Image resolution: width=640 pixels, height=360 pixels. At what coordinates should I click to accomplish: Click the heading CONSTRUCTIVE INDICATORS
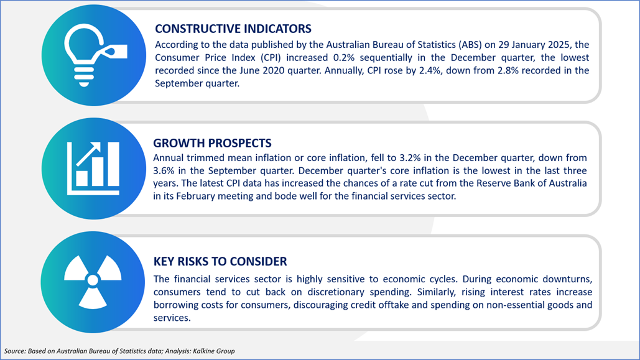click(233, 29)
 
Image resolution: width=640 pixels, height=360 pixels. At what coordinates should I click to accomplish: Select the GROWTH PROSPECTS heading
click(212, 143)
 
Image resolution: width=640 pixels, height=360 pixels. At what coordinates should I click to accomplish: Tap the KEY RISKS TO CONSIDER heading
click(220, 261)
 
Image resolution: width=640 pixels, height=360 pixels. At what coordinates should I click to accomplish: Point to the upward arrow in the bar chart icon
click(88, 154)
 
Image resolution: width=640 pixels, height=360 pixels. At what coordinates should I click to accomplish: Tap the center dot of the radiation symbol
click(93, 280)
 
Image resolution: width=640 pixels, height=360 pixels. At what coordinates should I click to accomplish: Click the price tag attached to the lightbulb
click(114, 52)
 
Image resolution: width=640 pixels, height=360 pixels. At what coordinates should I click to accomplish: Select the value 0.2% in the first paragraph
click(344, 58)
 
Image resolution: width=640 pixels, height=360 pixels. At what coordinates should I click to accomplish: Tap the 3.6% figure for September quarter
click(163, 170)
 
